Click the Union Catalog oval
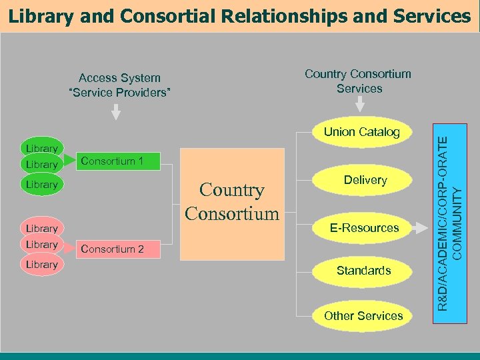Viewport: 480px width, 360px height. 362,132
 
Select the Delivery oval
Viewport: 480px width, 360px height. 365,180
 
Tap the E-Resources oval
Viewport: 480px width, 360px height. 365,228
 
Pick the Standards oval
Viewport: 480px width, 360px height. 363,271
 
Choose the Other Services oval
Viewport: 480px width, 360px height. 363,316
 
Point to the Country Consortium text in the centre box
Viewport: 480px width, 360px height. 232,202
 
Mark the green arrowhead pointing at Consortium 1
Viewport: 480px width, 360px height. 69,161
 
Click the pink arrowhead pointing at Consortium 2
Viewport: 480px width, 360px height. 69,249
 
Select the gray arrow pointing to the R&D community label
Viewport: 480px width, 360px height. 419,228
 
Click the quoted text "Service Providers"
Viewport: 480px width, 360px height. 120,92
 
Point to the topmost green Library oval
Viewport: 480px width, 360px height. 41,148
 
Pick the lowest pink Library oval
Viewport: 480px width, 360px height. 41,265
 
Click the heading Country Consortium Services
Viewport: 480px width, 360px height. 359,81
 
